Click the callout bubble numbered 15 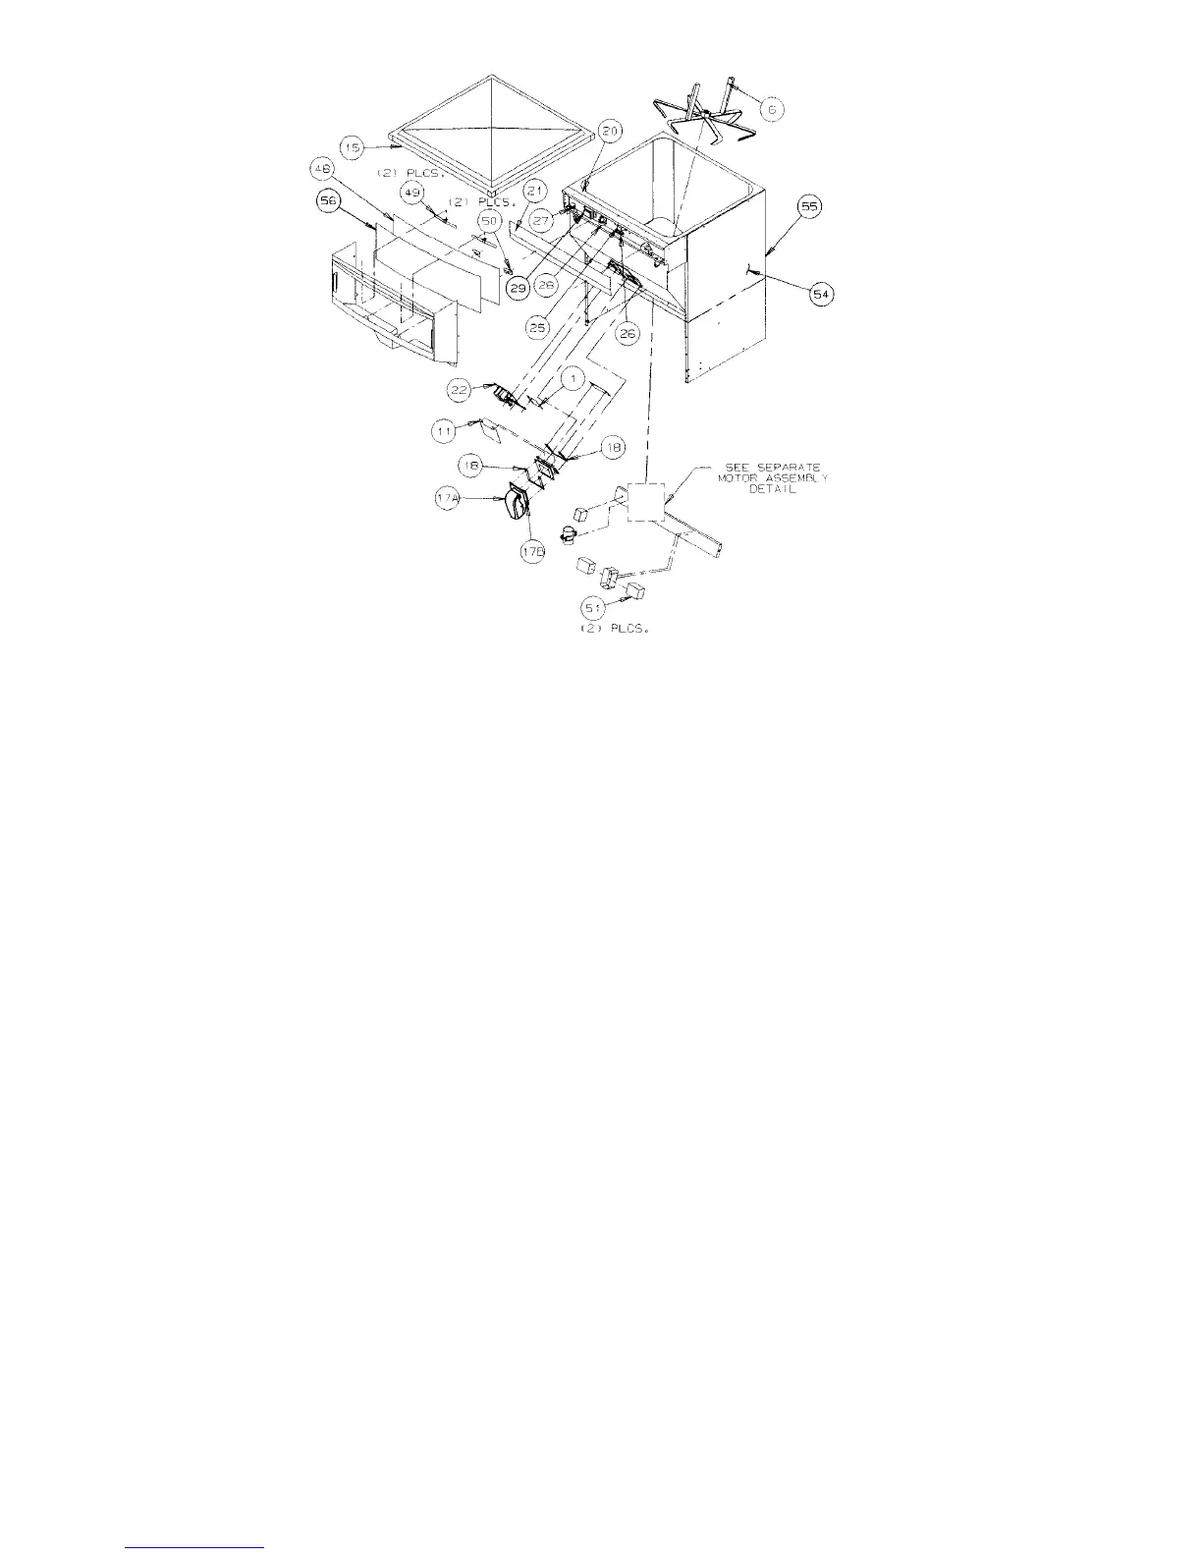click(354, 146)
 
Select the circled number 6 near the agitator click(771, 109)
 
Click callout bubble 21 click(535, 190)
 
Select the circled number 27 click(541, 221)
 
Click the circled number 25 click(537, 327)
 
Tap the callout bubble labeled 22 click(459, 389)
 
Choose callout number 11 click(444, 429)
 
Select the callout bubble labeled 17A click(447, 499)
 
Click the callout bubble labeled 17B click(530, 551)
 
